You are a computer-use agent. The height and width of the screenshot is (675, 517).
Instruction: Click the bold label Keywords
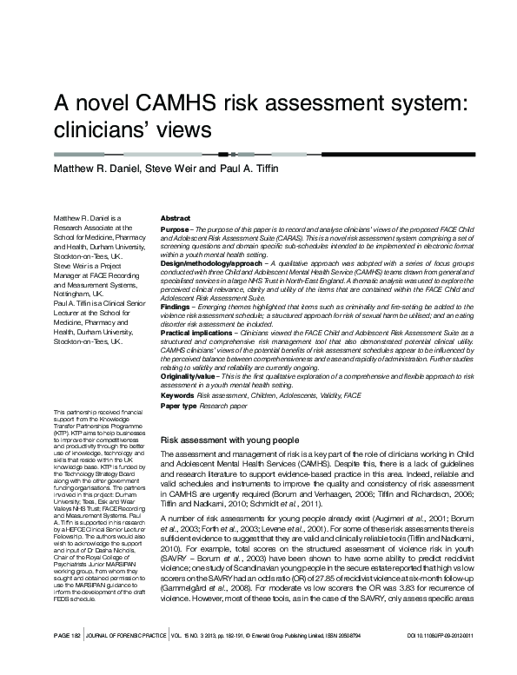pyautogui.click(x=177, y=395)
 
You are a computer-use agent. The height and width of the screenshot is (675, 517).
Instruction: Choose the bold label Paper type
pyautogui.click(x=179, y=406)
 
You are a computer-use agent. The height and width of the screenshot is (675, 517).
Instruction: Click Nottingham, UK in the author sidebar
pyautogui.click(x=79, y=294)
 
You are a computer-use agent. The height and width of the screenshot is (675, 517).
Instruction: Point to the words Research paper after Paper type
pyautogui.click(x=225, y=406)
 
